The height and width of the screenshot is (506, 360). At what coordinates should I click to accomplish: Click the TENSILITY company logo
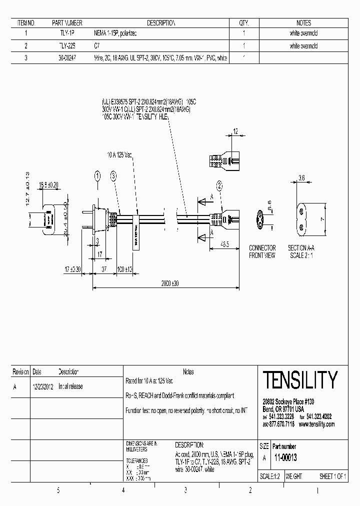(299, 380)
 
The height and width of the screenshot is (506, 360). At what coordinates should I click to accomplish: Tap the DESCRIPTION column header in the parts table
(161, 23)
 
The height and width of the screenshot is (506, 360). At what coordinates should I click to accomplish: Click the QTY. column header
(243, 23)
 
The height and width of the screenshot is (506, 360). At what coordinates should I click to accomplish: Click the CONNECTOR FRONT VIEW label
(262, 251)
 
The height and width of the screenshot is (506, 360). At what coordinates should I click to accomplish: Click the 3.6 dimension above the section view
(301, 177)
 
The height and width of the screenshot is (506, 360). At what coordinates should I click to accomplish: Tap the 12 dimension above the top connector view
(235, 131)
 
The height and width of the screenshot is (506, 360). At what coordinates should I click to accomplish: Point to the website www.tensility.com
(316, 424)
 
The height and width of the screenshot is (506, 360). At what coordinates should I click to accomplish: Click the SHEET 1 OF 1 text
(332, 476)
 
